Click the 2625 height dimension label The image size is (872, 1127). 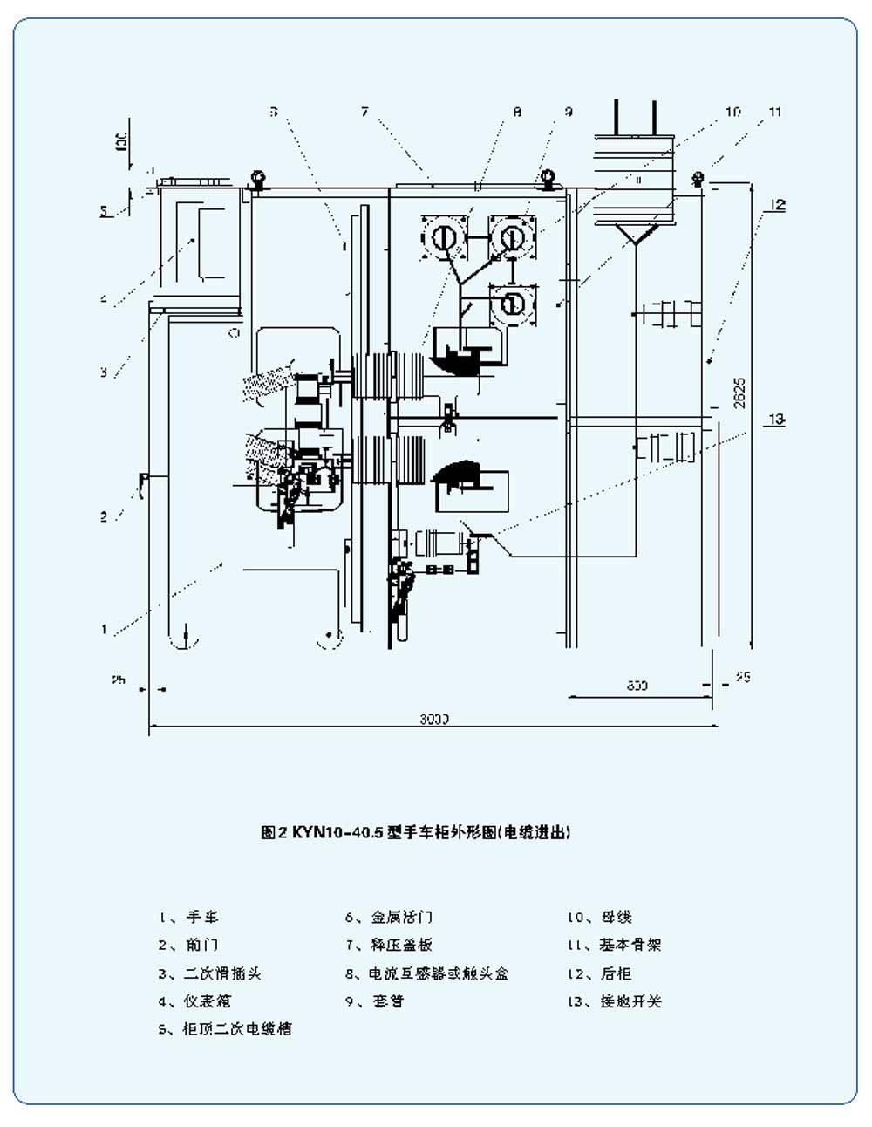pyautogui.click(x=739, y=393)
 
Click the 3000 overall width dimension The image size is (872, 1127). pyautogui.click(x=433, y=719)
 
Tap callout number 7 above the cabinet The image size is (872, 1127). pyautogui.click(x=364, y=112)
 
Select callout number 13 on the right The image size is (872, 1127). pyautogui.click(x=775, y=420)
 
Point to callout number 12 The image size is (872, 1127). pyautogui.click(x=777, y=205)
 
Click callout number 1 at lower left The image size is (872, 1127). pyautogui.click(x=104, y=628)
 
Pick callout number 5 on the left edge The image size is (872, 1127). pyautogui.click(x=104, y=210)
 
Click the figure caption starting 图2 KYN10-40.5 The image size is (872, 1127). pyautogui.click(x=415, y=832)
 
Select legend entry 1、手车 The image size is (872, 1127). pyautogui.click(x=189, y=917)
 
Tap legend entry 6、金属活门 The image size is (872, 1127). pyautogui.click(x=388, y=917)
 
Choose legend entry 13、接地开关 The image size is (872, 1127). pyautogui.click(x=615, y=1001)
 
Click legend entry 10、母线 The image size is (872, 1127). pyautogui.click(x=600, y=917)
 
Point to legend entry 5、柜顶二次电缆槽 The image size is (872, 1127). pyautogui.click(x=225, y=1028)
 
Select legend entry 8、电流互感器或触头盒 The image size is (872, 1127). pyautogui.click(x=426, y=973)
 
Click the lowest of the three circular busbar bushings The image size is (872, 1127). pyautogui.click(x=513, y=304)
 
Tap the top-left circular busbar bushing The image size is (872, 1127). pyautogui.click(x=445, y=236)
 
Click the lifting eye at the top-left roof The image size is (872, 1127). pyautogui.click(x=257, y=179)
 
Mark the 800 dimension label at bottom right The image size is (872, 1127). pyautogui.click(x=637, y=686)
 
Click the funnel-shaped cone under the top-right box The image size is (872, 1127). pyautogui.click(x=637, y=233)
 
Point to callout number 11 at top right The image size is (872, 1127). pyautogui.click(x=775, y=112)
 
